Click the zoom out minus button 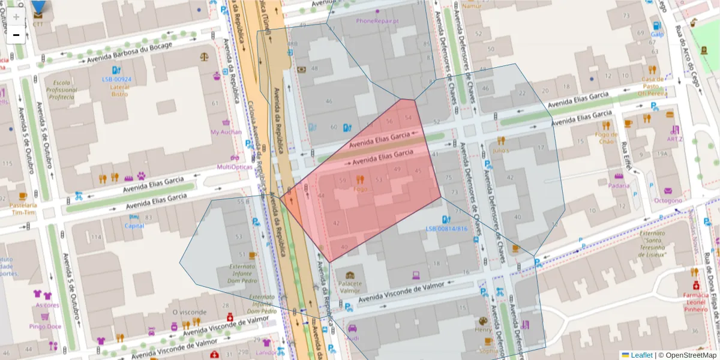[16, 35]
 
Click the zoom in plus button [16, 17]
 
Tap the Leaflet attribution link [641, 355]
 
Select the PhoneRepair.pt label [377, 20]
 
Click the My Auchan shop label [226, 132]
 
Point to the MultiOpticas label [235, 167]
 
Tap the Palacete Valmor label [350, 286]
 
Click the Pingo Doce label [46, 326]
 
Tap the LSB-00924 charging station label [116, 79]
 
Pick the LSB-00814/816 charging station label [446, 229]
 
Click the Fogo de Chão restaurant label [607, 138]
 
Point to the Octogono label [668, 200]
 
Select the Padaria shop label [619, 185]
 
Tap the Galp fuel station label [658, 34]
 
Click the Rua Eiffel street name [626, 155]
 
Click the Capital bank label [134, 226]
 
